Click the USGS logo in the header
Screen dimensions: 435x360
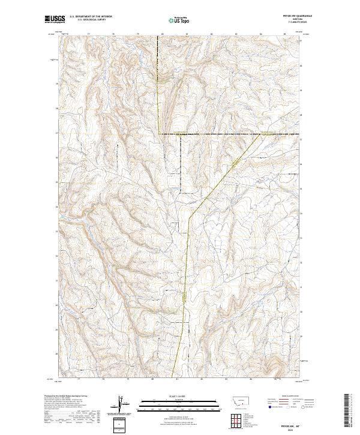click(55, 19)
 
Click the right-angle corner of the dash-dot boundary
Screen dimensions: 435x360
click(160, 133)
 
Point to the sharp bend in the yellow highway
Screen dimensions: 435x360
click(190, 216)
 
